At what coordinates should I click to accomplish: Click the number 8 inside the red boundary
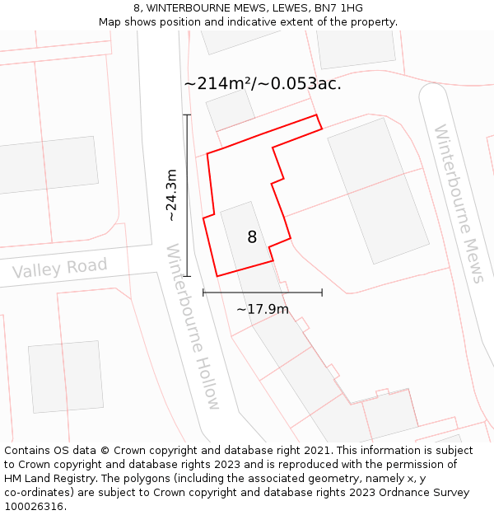click(x=252, y=237)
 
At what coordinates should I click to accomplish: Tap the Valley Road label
click(x=59, y=269)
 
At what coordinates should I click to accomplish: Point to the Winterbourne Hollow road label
click(x=193, y=326)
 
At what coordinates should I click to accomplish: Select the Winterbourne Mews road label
click(x=459, y=203)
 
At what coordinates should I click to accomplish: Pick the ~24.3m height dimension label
click(x=171, y=195)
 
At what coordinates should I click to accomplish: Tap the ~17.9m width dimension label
click(x=263, y=309)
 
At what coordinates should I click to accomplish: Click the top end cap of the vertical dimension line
click(x=187, y=115)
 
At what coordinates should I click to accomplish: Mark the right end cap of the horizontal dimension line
click(x=322, y=292)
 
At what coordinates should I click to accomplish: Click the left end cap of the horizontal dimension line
click(x=203, y=292)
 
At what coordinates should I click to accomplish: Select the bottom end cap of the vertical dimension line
click(x=187, y=276)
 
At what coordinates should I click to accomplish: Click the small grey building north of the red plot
click(x=231, y=110)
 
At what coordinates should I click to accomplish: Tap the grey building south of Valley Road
click(x=66, y=377)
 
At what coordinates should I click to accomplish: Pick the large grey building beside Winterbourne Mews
click(x=378, y=191)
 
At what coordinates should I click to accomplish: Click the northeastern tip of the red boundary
click(x=316, y=115)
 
